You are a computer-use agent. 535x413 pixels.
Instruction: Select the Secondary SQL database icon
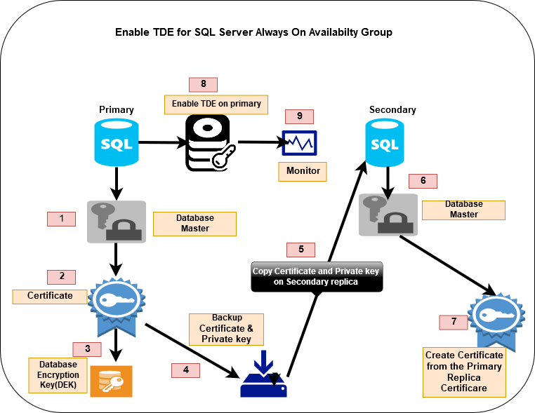384,144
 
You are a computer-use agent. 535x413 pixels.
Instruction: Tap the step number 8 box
203,84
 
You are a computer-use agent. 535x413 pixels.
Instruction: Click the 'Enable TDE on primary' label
216,104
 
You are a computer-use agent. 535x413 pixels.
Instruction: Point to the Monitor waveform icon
300,143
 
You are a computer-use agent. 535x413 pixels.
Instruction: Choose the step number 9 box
299,116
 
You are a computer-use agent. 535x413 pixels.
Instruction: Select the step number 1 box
62,218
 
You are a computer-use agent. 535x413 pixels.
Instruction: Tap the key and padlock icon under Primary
116,222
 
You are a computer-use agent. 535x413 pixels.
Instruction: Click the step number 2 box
62,276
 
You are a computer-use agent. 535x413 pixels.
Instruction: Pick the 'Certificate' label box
50,296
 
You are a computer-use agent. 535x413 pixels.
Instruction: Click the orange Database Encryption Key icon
111,379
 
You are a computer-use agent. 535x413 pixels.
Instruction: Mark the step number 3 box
87,348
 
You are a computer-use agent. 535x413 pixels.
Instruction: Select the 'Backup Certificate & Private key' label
226,329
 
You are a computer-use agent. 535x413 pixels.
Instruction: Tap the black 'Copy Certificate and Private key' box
317,276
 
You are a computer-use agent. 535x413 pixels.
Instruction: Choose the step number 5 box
301,249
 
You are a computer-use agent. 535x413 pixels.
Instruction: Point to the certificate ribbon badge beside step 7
494,318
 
